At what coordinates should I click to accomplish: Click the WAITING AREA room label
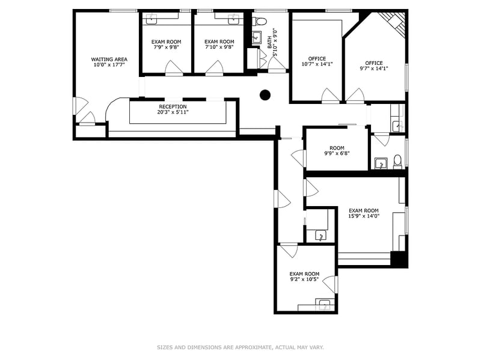109,59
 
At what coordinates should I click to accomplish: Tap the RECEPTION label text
173,106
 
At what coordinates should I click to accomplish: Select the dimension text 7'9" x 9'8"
167,47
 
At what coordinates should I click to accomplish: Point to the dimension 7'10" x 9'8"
219,47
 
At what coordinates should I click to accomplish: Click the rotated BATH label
269,42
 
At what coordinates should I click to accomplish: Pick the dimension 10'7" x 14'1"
317,64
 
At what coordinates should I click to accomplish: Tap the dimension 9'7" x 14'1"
374,69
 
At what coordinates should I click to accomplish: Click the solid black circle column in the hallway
265,95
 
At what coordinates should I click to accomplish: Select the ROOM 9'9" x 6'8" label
337,150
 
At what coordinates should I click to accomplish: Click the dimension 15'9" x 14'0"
364,216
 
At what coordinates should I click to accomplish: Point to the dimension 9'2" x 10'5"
305,279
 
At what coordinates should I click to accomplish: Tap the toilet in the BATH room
260,21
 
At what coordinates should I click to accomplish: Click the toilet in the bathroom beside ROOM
397,162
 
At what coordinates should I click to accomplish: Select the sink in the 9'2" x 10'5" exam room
324,305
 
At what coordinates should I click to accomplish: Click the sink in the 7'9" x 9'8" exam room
152,19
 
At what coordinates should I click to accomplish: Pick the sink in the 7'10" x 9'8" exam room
234,19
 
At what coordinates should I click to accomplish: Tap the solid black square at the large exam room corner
399,260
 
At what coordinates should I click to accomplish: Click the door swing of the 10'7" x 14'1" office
330,95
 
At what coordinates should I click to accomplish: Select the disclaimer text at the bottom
240,347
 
